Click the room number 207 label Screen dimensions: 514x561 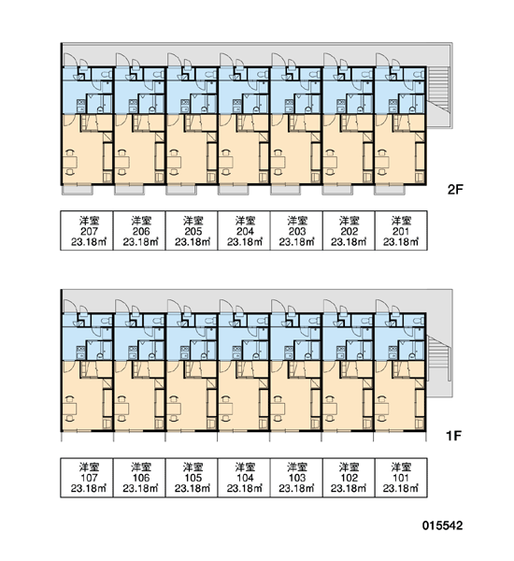89,232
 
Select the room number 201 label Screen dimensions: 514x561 401,232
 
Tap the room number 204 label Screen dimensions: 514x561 245,232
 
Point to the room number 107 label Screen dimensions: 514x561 89,478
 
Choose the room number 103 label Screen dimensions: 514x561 297,478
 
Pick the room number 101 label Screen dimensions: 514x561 401,478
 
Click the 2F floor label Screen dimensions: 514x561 455,190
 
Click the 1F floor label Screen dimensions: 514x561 453,436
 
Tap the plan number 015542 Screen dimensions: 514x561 442,525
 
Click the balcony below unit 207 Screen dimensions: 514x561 78,190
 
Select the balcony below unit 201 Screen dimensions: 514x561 390,190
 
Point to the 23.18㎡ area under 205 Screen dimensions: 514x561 193,242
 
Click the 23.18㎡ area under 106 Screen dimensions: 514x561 141,489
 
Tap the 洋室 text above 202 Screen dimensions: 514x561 350,221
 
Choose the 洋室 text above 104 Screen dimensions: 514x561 245,467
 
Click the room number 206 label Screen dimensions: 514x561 141,232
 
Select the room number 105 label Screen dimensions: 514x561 193,478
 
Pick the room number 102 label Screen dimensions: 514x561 350,478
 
